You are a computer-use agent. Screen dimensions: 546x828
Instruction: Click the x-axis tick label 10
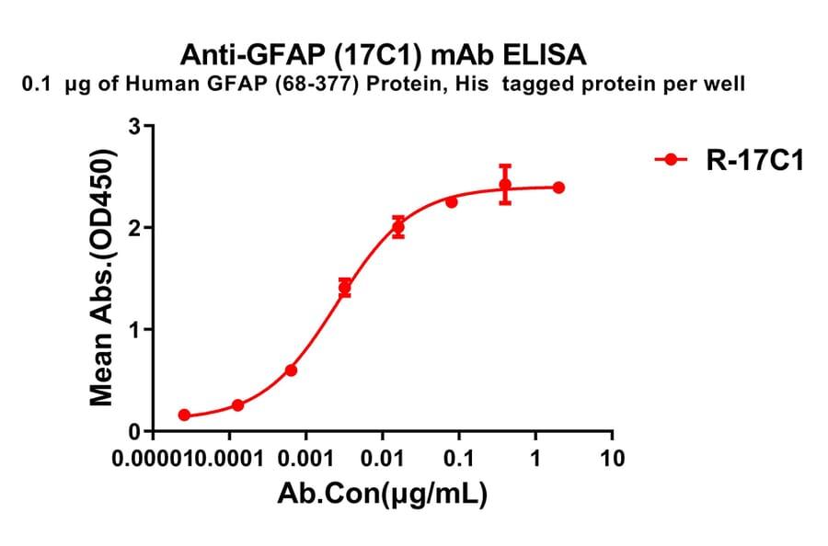(x=611, y=457)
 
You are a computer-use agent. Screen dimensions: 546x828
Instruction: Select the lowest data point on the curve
(x=184, y=415)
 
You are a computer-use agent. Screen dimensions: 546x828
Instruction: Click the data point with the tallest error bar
(x=505, y=185)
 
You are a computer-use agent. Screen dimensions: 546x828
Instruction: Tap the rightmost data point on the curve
(x=558, y=188)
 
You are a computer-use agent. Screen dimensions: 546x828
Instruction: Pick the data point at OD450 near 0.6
(x=291, y=370)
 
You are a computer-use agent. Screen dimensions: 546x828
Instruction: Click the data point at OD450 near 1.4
(x=344, y=288)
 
